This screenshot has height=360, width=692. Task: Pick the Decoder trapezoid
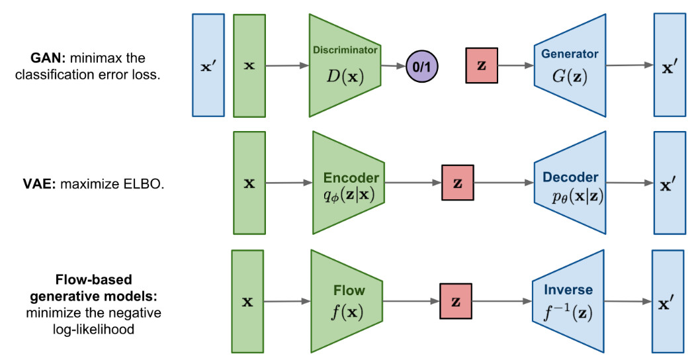(x=570, y=183)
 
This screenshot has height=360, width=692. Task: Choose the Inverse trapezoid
(x=568, y=301)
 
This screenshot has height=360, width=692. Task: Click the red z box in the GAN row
(x=482, y=66)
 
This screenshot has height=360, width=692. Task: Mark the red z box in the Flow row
(x=456, y=301)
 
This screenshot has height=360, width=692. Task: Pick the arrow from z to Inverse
(x=502, y=301)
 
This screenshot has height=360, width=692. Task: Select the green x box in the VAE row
(x=249, y=183)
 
